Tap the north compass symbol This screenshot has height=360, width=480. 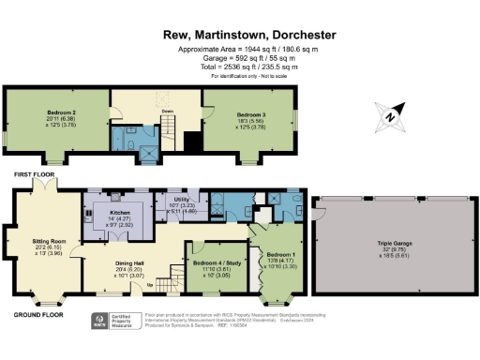point(387,115)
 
